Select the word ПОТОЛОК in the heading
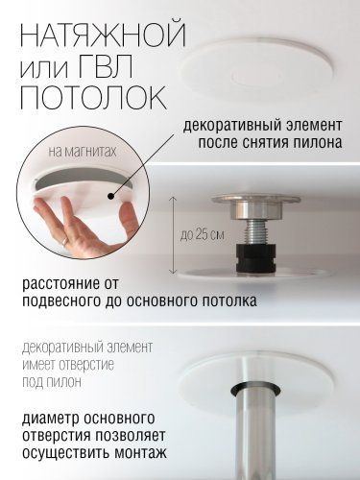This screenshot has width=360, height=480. click(93, 97)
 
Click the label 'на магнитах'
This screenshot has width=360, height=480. click(83, 152)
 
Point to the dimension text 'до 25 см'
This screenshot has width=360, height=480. click(203, 235)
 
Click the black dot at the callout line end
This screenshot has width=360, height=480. click(111, 196)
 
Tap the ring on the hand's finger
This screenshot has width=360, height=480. click(65, 241)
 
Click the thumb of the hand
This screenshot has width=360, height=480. click(127, 222)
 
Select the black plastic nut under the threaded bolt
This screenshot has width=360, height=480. click(255, 257)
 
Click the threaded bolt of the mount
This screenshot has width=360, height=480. click(255, 232)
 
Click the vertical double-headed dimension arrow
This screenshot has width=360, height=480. click(174, 235)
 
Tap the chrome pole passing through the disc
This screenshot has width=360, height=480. click(255, 435)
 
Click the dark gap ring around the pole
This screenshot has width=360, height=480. click(255, 390)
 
